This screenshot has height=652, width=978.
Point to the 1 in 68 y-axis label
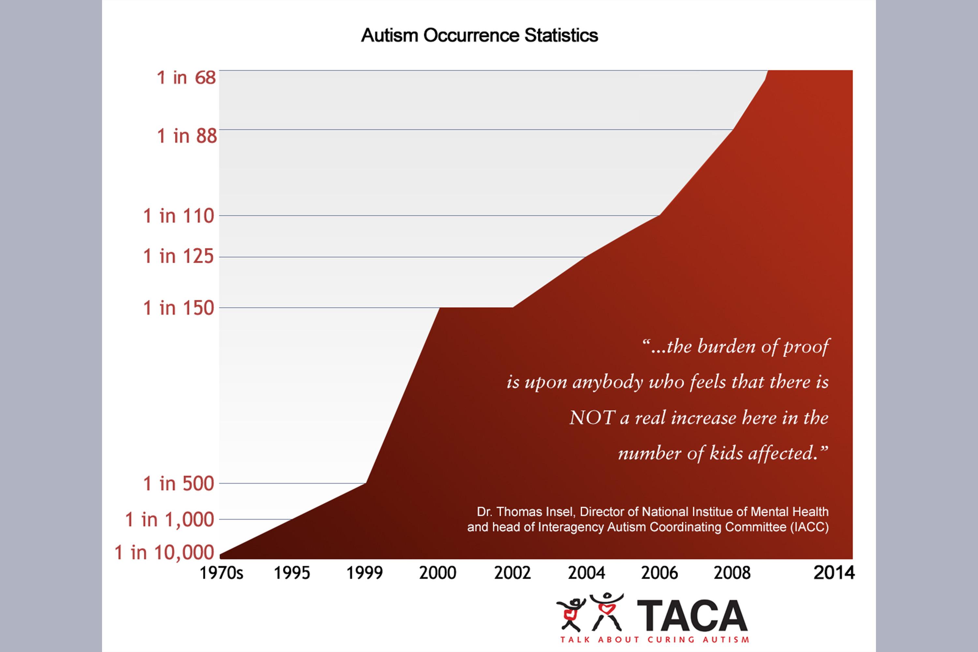click(x=186, y=78)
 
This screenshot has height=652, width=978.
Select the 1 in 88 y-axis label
click(x=187, y=136)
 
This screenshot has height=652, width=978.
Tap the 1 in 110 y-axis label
click(x=178, y=216)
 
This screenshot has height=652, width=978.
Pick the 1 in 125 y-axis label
click(x=178, y=256)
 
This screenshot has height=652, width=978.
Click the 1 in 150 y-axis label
click(x=178, y=308)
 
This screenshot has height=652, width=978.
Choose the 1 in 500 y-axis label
click(x=178, y=483)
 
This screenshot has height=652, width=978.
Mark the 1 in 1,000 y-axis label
click(x=170, y=520)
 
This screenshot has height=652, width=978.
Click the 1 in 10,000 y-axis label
click(x=164, y=553)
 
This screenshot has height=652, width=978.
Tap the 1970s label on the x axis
click(x=221, y=573)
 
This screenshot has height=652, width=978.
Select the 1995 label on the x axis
click(x=292, y=573)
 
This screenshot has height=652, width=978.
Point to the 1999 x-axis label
click(x=365, y=573)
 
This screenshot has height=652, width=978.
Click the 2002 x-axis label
click(x=512, y=573)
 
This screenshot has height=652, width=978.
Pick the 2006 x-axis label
click(x=659, y=573)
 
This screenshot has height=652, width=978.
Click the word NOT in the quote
click(x=592, y=418)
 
